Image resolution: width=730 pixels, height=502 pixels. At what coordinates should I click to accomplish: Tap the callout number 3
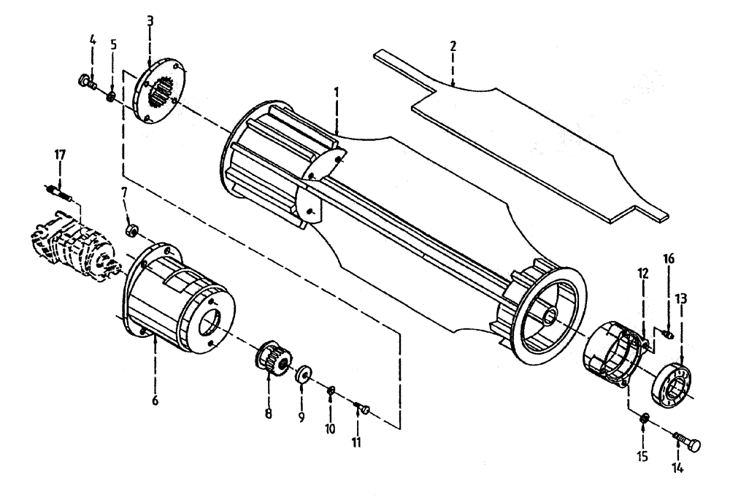tap(150, 20)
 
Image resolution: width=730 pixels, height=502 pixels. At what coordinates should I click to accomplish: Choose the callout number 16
tap(668, 260)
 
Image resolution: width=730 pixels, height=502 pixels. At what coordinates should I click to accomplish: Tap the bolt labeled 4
tap(86, 82)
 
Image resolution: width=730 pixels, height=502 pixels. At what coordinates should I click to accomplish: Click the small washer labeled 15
tap(643, 420)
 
